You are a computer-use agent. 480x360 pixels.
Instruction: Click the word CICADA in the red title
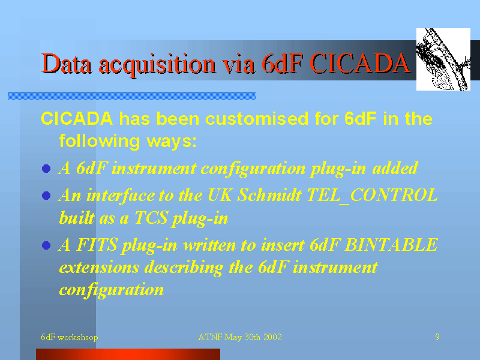360,64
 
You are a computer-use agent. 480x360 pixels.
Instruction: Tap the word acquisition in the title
157,65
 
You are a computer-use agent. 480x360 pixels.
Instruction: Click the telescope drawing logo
443,59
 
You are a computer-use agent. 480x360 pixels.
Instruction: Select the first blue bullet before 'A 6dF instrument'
46,169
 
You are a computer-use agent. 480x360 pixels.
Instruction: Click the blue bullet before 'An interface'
46,196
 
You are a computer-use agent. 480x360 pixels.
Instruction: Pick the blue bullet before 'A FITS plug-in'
46,245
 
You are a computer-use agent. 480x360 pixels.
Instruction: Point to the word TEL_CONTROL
372,195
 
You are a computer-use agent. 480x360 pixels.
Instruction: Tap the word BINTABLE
391,245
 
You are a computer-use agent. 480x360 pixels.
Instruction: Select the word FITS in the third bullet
97,245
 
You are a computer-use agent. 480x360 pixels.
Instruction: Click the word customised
257,118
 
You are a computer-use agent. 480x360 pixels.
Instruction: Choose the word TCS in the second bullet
151,218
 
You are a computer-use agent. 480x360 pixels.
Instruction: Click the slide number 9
437,337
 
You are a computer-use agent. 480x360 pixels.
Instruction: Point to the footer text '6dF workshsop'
70,337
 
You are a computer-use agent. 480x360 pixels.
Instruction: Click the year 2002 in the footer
272,337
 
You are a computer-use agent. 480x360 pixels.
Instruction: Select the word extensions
99,267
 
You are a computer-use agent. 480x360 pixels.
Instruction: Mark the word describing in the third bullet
184,268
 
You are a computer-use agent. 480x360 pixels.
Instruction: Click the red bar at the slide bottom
128,354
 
